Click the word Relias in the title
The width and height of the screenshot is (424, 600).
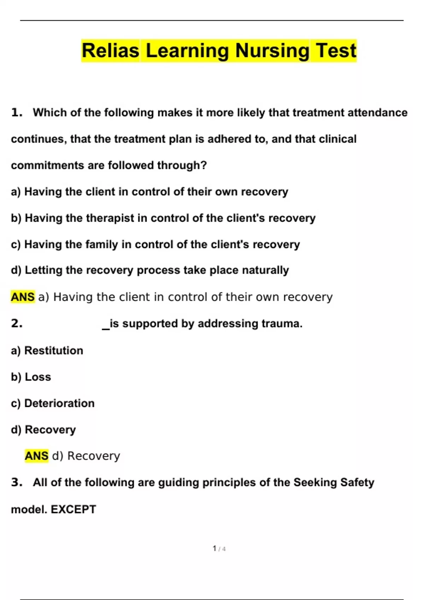tap(110, 50)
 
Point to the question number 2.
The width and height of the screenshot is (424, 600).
tap(17, 323)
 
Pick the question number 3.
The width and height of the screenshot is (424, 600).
tap(17, 482)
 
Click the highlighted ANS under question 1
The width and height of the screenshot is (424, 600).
tap(23, 297)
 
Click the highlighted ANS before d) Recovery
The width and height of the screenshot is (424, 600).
tap(36, 456)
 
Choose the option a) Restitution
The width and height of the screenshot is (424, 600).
tap(47, 350)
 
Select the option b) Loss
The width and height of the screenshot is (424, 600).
tap(31, 377)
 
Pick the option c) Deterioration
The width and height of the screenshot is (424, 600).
tap(53, 403)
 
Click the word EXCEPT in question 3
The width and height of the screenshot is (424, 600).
tap(73, 509)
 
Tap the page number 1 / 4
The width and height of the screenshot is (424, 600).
tap(219, 548)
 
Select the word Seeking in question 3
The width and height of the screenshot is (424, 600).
tap(315, 482)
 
